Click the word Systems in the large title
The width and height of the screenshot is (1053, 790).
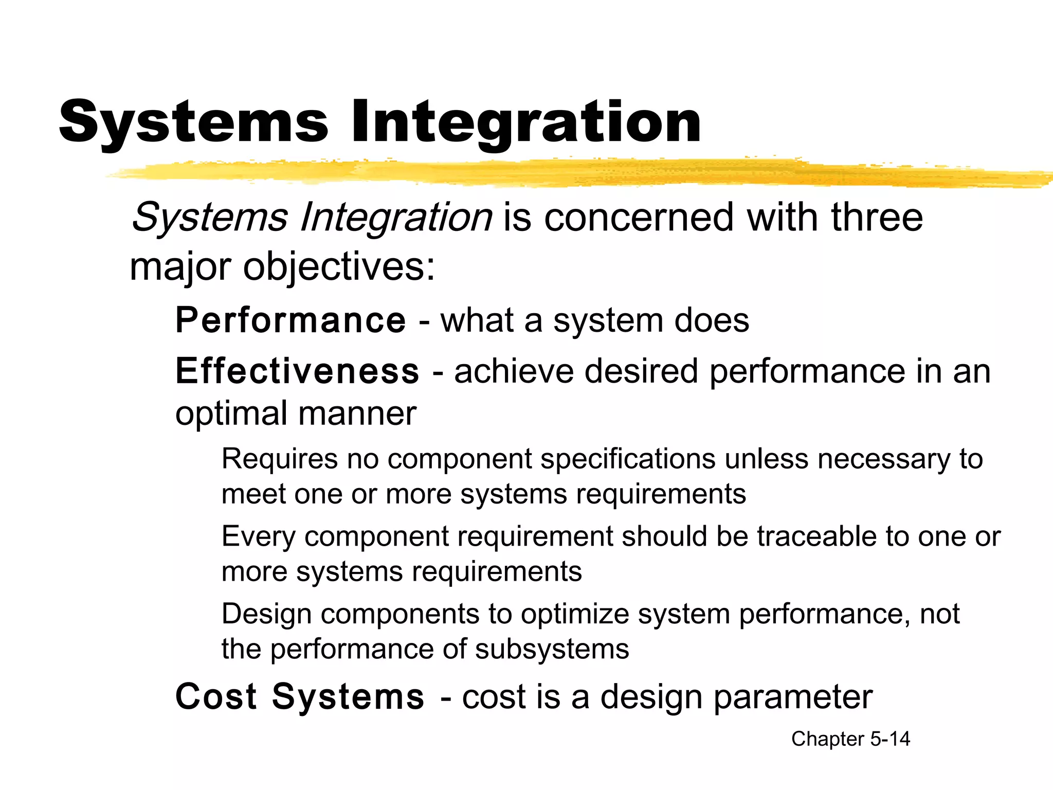[193, 122]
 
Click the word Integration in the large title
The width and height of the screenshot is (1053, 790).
[525, 122]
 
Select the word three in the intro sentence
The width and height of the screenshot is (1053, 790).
[877, 217]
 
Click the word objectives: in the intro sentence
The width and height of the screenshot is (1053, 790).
[339, 267]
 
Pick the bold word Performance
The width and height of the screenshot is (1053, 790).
[291, 320]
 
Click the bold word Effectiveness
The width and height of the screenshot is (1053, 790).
[297, 371]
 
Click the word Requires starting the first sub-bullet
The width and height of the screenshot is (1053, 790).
[279, 459]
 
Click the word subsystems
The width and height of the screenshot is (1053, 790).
[552, 649]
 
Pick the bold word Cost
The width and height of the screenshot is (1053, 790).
[216, 697]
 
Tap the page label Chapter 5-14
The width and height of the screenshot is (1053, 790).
[850, 739]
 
